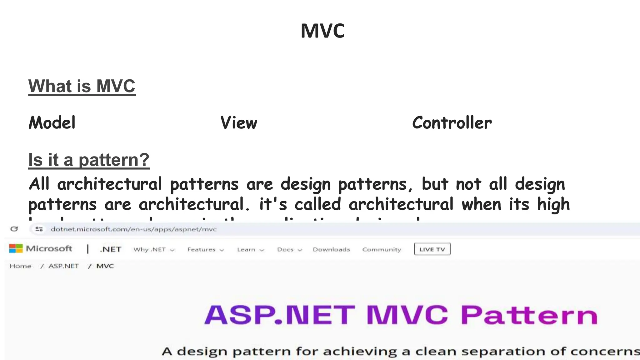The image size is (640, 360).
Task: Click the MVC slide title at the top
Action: pos(322,31)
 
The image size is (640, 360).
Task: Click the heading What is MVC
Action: pos(82,86)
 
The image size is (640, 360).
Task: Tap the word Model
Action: pos(52,122)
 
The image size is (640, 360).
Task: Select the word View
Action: pos(239,122)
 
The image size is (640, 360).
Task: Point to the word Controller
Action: pos(452,122)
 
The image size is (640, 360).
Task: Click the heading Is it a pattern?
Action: pos(89,160)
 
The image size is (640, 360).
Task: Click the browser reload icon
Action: pos(14,229)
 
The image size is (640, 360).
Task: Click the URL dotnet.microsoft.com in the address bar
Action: pos(133,229)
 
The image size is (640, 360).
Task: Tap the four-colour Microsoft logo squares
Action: pos(16,249)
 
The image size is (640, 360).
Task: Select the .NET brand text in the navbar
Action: pos(111,249)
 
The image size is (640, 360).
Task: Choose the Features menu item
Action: pos(205,249)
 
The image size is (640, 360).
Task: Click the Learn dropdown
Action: pos(250,249)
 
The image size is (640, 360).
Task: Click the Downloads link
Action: pos(331,249)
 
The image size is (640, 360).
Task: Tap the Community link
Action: pos(382,249)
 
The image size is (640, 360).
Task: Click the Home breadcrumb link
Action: pos(20,266)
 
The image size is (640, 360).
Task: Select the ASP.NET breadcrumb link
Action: pos(63,266)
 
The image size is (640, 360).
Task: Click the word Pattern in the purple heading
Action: pos(529,315)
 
